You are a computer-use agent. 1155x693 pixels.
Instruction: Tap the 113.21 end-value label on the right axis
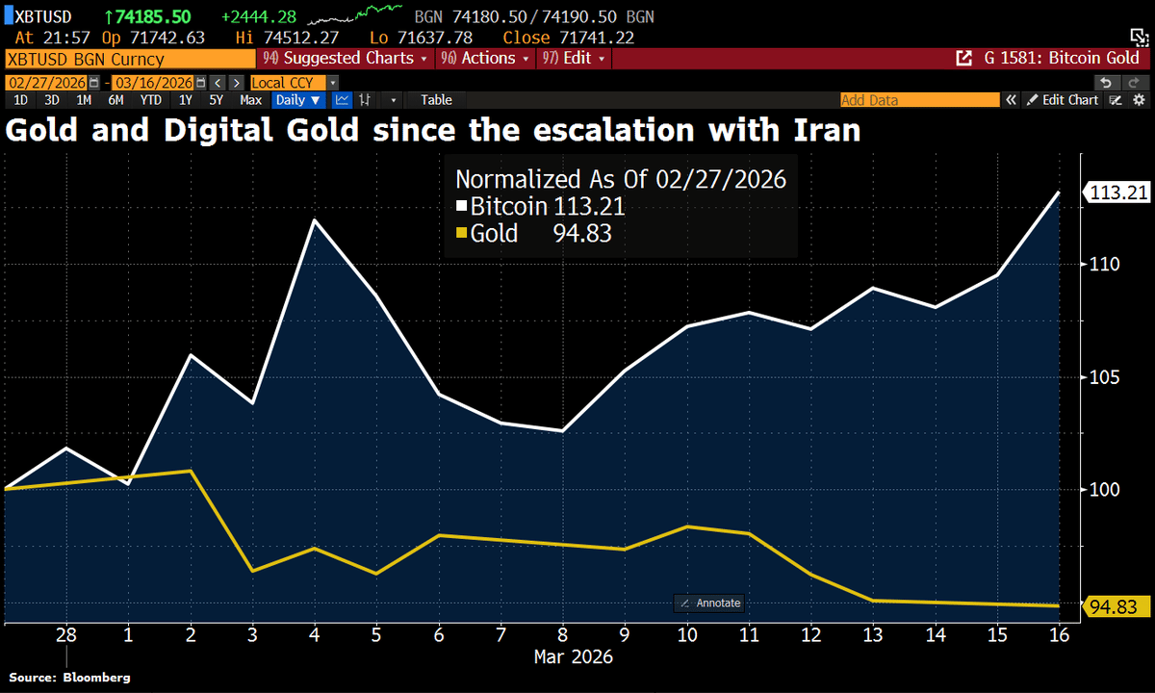point(1118,192)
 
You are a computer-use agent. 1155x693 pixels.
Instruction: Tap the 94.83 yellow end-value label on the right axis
point(1118,606)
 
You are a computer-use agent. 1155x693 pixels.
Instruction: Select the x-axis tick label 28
point(66,636)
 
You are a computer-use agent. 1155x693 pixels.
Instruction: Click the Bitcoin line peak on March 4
point(315,220)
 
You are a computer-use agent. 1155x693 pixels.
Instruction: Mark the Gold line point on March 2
point(191,471)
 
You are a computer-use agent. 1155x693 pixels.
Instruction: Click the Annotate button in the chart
point(709,603)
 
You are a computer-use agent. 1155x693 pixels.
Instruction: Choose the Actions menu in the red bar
point(486,59)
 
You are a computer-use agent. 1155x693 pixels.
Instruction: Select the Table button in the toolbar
point(436,100)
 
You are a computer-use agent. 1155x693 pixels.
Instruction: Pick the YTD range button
point(150,100)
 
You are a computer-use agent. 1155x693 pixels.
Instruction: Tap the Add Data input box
point(918,100)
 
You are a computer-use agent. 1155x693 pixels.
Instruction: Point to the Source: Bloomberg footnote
point(69,678)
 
